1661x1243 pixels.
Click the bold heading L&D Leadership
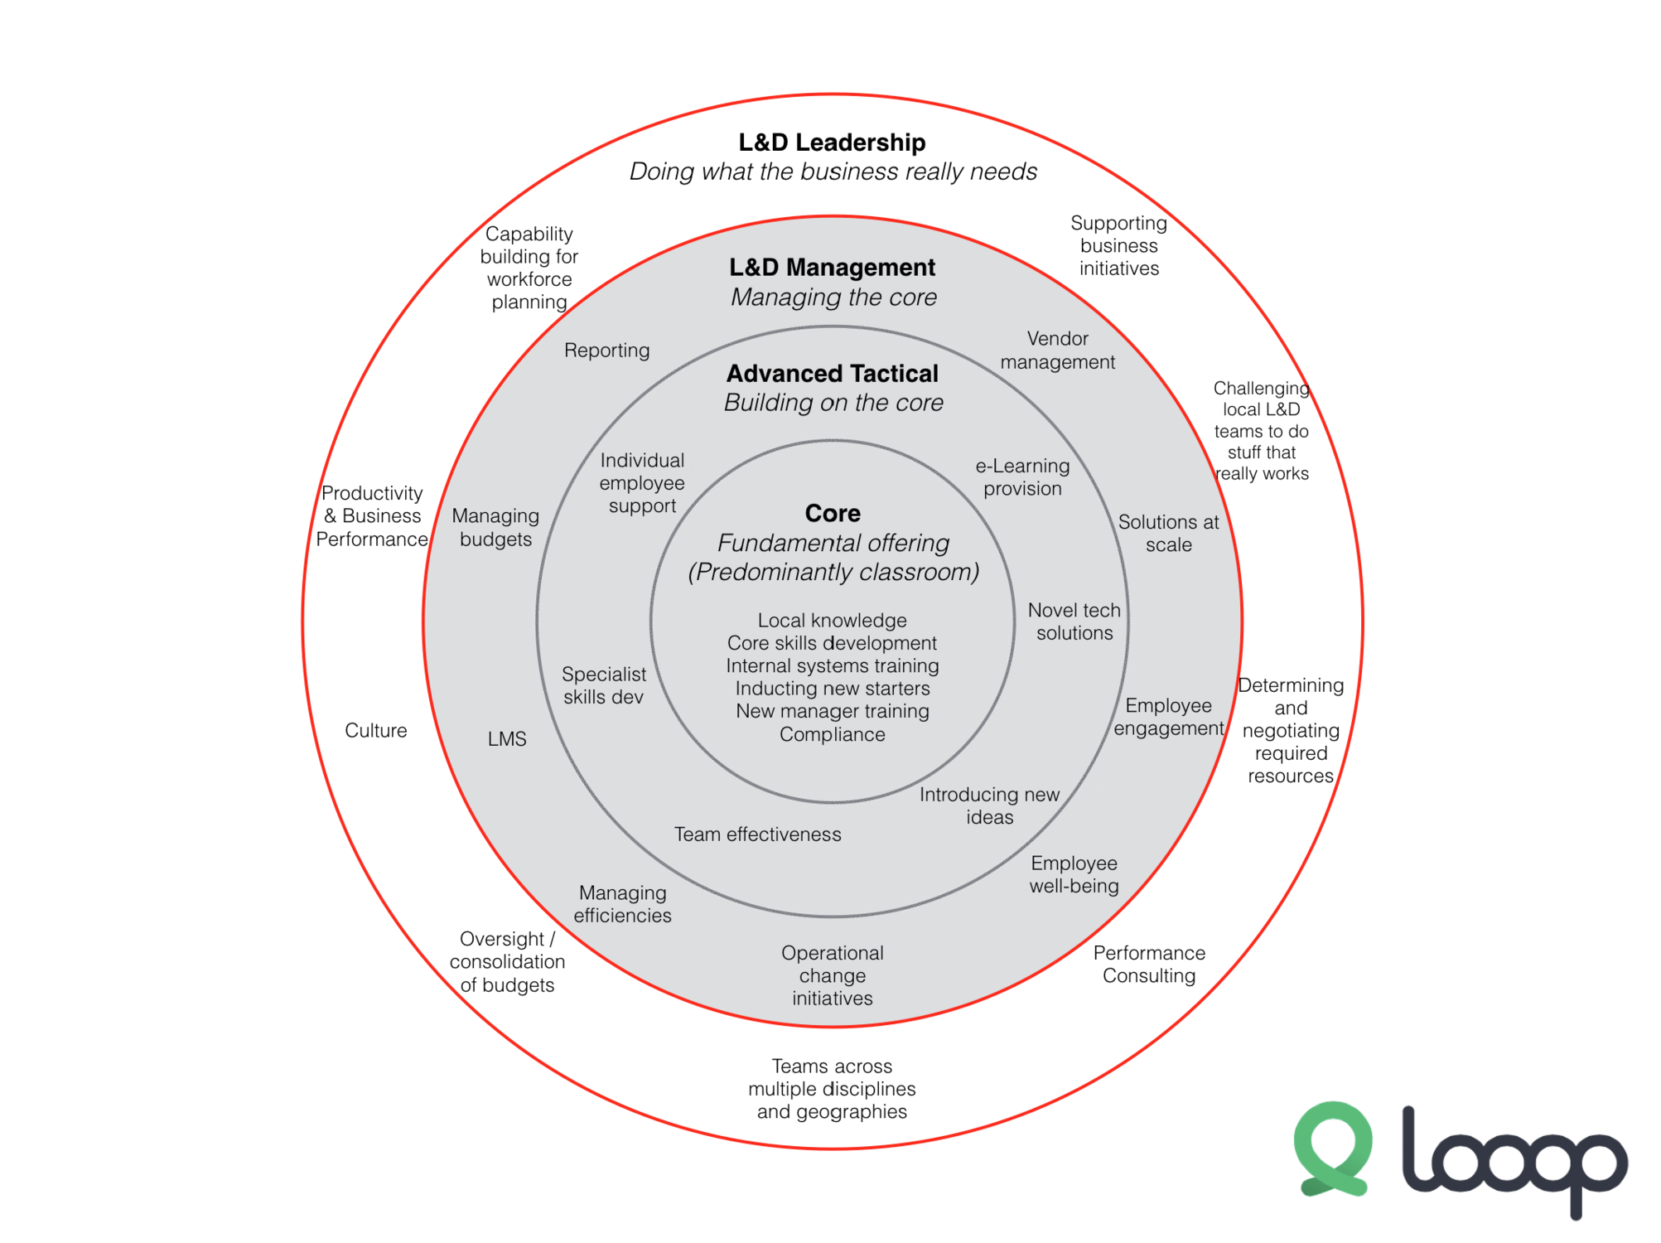[x=832, y=143]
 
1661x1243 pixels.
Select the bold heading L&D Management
[x=832, y=268]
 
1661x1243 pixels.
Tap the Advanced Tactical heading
[x=832, y=374]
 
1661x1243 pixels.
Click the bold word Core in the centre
[x=833, y=514]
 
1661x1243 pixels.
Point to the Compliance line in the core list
[x=832, y=734]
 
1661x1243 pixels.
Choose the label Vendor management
[x=1057, y=351]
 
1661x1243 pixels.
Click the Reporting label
[x=606, y=351]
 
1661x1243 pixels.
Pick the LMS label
[x=507, y=739]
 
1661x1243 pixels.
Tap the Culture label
[x=376, y=731]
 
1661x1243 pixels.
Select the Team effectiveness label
[x=757, y=834]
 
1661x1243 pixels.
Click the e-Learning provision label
[x=1022, y=477]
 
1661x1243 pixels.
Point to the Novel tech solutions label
[x=1074, y=621]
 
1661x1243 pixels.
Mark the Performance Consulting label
[x=1149, y=965]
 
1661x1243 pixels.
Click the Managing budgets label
[x=495, y=528]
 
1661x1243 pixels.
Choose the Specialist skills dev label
[x=604, y=686]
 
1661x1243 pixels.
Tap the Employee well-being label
[x=1074, y=875]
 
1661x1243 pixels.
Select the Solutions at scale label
[x=1168, y=534]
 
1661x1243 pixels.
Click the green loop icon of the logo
[x=1333, y=1149]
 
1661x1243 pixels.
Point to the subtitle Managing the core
[x=833, y=297]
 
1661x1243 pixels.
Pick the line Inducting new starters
[x=832, y=689]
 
